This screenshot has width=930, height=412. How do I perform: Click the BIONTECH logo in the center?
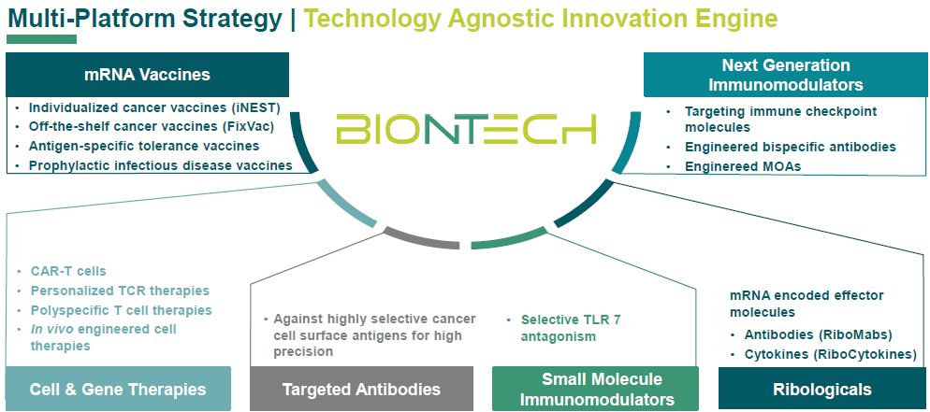(466, 130)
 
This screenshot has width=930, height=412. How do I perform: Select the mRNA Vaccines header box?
(147, 75)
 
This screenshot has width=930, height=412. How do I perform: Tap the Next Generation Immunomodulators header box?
(786, 75)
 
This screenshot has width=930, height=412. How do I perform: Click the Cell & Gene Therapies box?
(118, 389)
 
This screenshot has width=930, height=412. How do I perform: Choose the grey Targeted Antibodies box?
(361, 389)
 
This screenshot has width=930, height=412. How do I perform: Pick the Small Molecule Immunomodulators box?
(595, 389)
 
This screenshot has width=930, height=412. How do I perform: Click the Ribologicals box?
(822, 389)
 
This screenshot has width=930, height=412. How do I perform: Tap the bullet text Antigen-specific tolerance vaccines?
(144, 146)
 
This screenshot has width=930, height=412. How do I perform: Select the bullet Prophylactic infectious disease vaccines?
(160, 165)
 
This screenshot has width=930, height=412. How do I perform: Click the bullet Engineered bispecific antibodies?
(790, 147)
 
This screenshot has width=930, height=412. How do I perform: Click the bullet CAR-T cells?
(68, 272)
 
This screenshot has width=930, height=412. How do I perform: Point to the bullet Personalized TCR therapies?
(120, 291)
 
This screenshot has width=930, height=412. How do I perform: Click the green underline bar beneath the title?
(41, 39)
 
